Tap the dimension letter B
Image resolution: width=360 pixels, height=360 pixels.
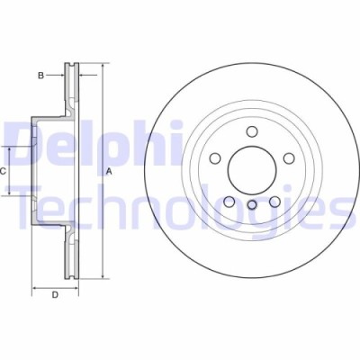[40, 76]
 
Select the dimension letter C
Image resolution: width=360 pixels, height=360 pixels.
[4, 170]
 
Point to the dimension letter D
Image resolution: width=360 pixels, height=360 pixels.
[54, 294]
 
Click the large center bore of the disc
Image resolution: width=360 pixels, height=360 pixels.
[250, 168]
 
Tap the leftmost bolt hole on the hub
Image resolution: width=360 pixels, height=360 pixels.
[215, 158]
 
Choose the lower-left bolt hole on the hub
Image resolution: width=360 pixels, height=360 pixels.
[229, 200]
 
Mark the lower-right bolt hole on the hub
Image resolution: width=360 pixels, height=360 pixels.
[273, 200]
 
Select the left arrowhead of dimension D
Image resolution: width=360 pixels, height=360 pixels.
[35, 287]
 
